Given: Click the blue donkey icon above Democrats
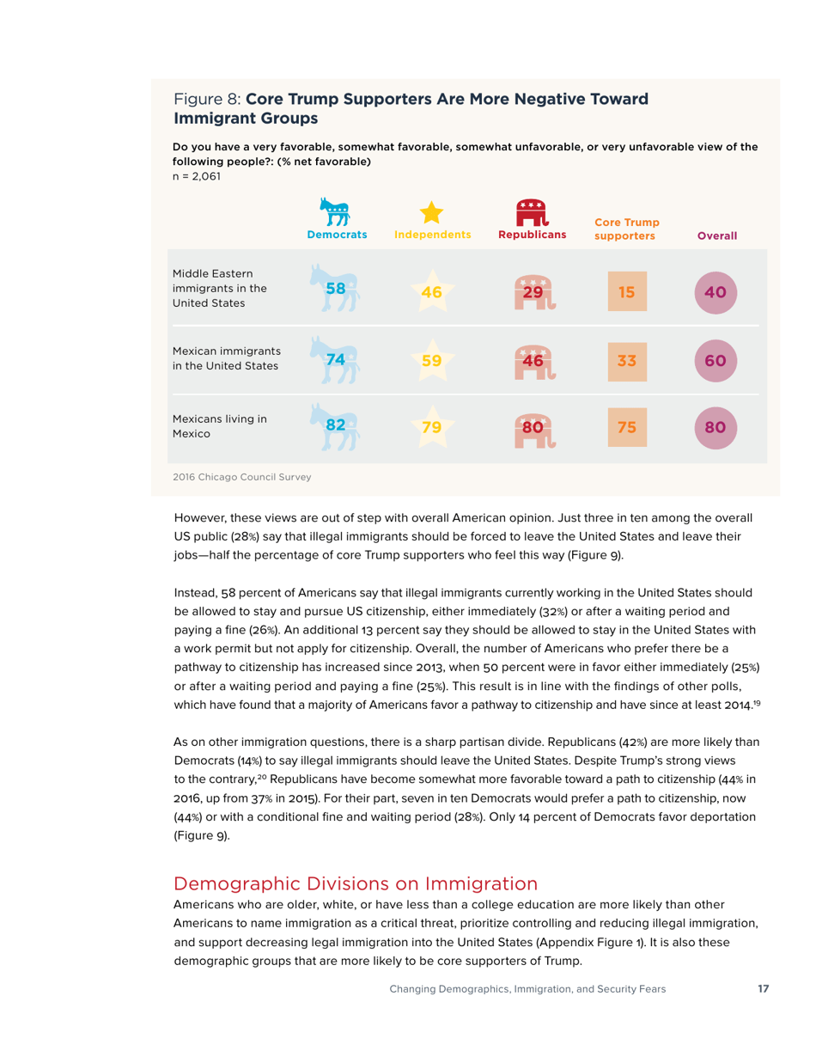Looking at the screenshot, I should point(337,211).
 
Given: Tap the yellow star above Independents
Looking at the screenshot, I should point(432,213).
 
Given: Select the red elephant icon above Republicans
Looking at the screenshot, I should point(532,211).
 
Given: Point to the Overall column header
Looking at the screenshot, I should point(716,235).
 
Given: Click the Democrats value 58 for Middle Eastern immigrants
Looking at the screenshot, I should point(337,289).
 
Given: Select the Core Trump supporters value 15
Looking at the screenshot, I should point(627,292).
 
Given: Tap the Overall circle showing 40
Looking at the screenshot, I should point(716,292).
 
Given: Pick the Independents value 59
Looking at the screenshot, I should point(432,360).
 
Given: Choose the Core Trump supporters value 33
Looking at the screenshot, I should point(627,360).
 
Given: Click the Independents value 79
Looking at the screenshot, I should point(432,427).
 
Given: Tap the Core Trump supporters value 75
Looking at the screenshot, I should point(627,426).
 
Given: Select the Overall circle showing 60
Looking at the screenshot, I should point(716,360).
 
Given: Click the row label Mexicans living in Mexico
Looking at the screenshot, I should point(220,426).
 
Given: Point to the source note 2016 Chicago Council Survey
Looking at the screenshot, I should point(242,476).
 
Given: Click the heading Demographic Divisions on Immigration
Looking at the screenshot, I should point(356,883).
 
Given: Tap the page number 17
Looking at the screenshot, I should point(763,989).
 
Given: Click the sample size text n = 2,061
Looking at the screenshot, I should point(198,176).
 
